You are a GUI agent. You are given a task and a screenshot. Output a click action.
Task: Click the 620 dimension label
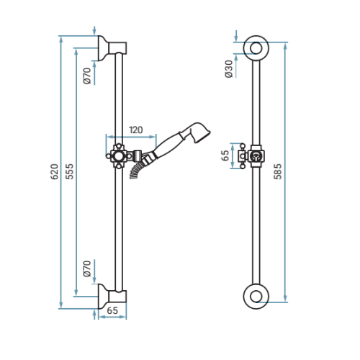pos(55,171)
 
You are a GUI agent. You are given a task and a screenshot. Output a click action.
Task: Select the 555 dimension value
pos(70,171)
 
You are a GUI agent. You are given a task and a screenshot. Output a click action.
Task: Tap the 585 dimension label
pos(278,171)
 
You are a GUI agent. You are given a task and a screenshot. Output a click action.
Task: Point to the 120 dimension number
pos(136,130)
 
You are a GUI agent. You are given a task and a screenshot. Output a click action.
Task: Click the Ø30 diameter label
pos(229,69)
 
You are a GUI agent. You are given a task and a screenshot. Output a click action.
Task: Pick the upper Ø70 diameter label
pos(87,76)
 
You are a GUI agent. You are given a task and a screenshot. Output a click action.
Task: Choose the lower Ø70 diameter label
pos(87,269)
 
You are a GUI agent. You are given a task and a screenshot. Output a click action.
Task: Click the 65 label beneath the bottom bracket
pos(112,310)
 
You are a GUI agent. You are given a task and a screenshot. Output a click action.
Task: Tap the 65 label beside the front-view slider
pos(225,156)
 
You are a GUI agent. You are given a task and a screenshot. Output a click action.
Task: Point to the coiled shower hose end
pos(136,171)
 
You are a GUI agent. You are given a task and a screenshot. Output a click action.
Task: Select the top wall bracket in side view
pos(112,48)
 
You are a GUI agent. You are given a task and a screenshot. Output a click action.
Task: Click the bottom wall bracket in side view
pos(112,296)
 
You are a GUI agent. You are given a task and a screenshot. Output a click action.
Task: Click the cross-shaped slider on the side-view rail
pos(119,156)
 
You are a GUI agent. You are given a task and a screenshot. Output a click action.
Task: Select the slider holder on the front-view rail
pos(251,156)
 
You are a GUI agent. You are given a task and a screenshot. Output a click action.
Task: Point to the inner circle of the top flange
pos(256,42)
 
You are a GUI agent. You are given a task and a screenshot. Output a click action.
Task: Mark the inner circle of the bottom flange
pos(256,290)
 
